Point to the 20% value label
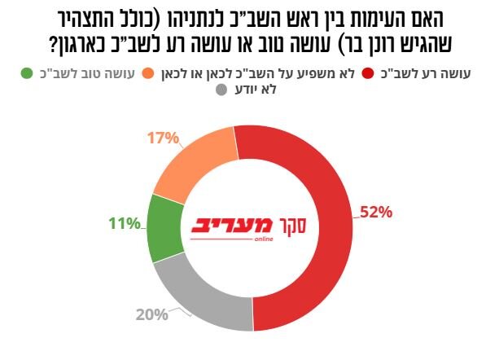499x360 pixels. point(151,313)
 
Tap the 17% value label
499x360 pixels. point(163,138)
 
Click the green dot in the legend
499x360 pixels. point(26,74)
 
